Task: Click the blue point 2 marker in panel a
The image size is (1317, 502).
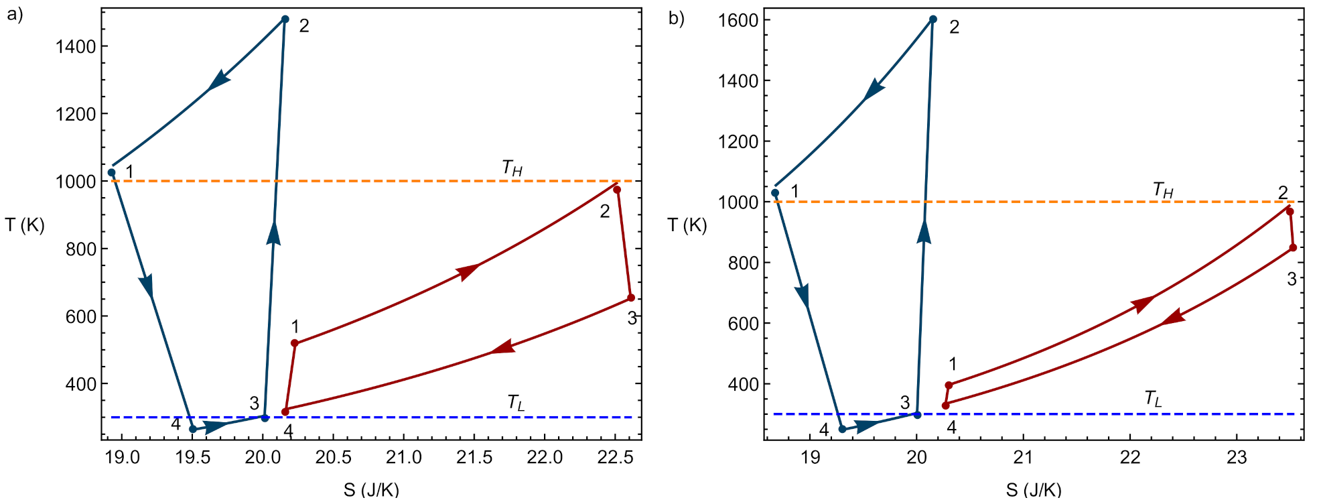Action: pos(285,19)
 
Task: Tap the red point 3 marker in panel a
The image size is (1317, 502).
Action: pos(631,298)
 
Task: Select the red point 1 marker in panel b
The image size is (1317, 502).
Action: pos(949,385)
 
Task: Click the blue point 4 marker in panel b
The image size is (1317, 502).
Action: pos(843,429)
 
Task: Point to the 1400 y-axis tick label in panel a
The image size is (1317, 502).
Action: pos(76,46)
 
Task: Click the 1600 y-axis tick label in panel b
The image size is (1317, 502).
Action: pos(738,20)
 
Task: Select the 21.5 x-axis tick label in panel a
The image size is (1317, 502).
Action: pos(474,458)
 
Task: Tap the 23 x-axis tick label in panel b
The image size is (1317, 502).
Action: pos(1236,457)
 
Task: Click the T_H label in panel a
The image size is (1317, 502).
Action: pos(512,168)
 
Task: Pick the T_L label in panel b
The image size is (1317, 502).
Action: pos(1153,399)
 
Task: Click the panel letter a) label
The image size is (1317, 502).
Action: pos(15,15)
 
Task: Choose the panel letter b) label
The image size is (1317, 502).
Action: pos(677,18)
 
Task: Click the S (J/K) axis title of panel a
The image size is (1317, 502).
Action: pos(371,489)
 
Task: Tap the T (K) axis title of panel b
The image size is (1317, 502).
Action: pos(687,225)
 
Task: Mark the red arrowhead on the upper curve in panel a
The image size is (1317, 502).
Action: pos(468,271)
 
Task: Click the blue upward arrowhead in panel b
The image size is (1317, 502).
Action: pos(924,231)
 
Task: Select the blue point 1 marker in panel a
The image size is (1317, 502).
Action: pos(112,172)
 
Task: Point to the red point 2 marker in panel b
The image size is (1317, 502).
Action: pos(1290,212)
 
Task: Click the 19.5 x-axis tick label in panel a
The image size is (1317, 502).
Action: pos(193,458)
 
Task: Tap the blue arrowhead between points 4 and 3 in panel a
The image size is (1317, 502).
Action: pos(216,426)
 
